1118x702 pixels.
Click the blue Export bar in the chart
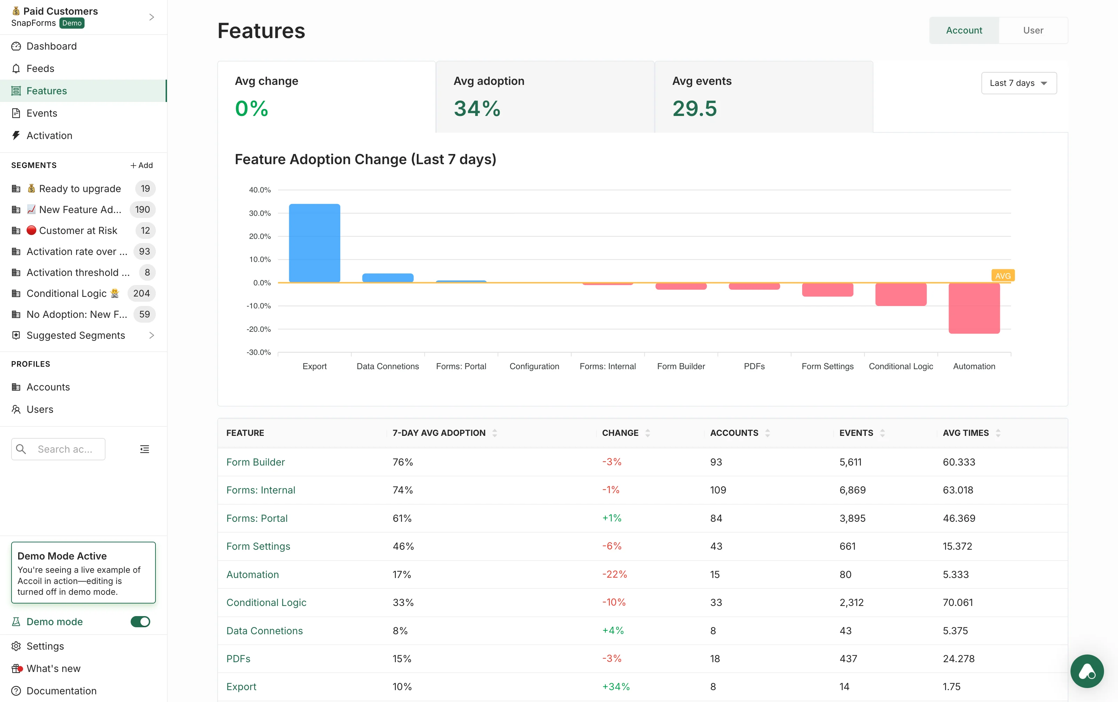[314, 243]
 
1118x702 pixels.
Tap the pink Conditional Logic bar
[900, 294]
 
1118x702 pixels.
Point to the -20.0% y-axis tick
[259, 329]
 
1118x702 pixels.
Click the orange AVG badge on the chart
[1002, 276]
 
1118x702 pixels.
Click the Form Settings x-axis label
[827, 366]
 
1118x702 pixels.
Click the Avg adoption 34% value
[477, 109]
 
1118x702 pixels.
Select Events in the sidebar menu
[42, 113]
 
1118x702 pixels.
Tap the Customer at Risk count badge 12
[145, 231]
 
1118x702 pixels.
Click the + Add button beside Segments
[141, 165]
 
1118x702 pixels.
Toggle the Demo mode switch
[140, 621]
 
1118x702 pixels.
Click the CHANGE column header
[620, 432]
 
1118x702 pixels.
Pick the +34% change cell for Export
[616, 686]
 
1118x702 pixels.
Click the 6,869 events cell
[852, 490]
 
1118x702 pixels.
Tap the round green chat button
[1087, 671]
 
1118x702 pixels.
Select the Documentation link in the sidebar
[61, 690]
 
